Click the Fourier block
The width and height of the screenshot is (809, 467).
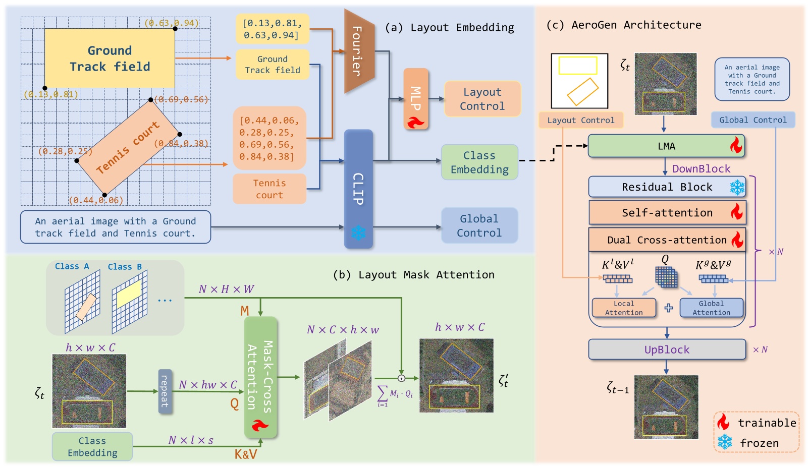(358, 51)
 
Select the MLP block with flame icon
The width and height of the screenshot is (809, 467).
(416, 99)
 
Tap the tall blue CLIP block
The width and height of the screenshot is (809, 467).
(358, 189)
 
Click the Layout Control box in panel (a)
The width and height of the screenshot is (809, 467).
(482, 99)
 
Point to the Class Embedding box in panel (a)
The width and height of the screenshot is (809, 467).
(479, 162)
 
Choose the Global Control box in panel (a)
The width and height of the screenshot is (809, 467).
(479, 225)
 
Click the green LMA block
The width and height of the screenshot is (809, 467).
(666, 146)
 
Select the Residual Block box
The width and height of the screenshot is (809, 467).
(666, 187)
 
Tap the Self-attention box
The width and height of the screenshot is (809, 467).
(666, 213)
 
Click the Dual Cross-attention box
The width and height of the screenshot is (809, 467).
(666, 240)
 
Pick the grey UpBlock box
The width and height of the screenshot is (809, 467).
(666, 349)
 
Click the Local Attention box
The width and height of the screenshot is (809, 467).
(624, 308)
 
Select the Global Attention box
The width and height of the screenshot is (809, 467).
(711, 308)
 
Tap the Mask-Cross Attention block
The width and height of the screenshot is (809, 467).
(260, 377)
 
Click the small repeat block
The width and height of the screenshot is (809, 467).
(165, 391)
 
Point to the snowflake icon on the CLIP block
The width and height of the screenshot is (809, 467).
(358, 233)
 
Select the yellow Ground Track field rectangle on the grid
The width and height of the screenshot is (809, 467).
(110, 59)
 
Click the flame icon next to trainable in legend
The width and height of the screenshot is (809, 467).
(724, 422)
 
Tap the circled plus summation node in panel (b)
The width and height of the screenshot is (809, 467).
(401, 378)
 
